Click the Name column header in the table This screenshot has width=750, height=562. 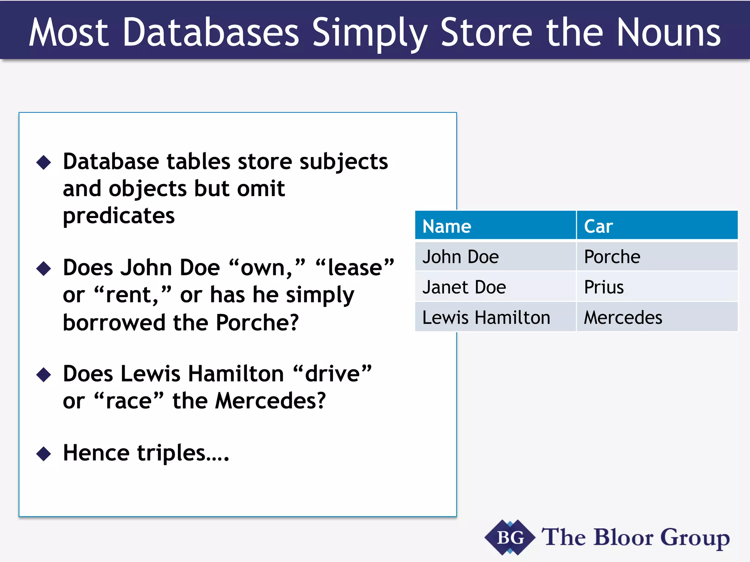pos(447,226)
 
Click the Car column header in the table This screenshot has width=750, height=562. pos(598,226)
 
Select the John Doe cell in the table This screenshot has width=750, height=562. pos(461,257)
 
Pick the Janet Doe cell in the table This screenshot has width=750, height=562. pos(464,287)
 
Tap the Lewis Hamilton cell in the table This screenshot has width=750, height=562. pos(486,318)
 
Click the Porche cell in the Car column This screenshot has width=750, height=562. pos(612,257)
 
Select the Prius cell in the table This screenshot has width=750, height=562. pos(604,287)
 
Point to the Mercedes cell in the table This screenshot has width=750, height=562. pos(623,318)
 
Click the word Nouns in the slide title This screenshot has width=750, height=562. pos(669,33)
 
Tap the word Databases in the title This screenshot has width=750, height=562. pos(211,33)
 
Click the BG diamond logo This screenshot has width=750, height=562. pos(510,537)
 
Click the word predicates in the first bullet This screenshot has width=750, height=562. pos(119,216)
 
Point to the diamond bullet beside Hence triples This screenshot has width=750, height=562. pos(44,454)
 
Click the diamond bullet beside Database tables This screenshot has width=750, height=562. pos(44,162)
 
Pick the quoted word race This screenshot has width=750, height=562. pos(129,401)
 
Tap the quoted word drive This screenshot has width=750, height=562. pos(333,374)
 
